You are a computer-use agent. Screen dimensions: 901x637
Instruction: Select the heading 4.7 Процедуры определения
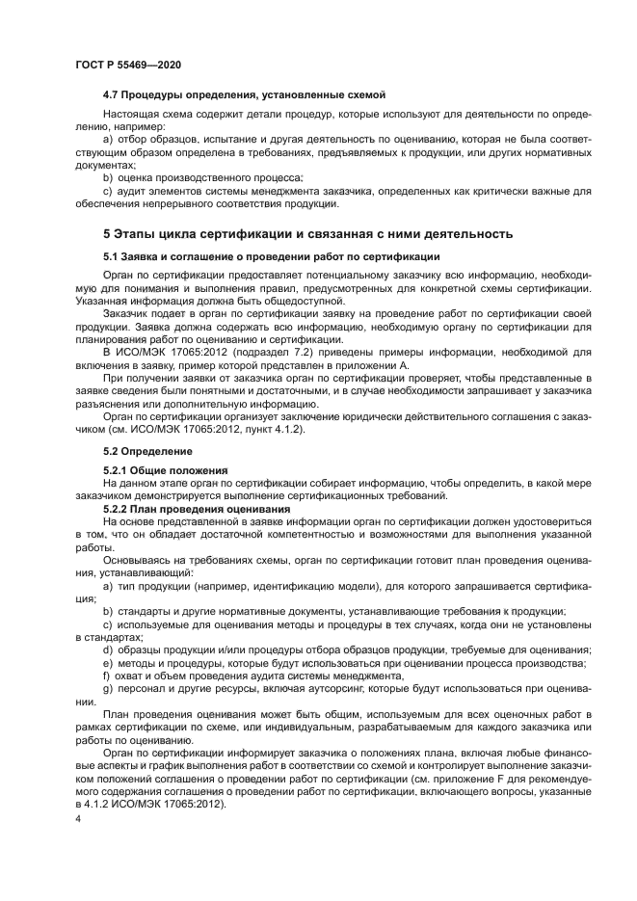[x=244, y=94]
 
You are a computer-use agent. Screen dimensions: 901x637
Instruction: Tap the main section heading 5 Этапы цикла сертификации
[x=307, y=234]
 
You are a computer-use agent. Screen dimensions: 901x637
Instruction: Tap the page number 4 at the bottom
[x=77, y=819]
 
